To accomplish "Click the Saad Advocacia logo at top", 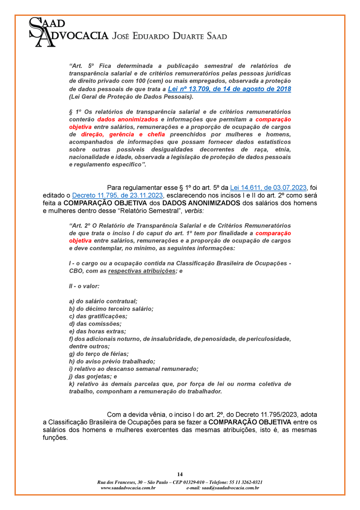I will click(x=68, y=32).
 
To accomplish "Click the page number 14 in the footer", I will click(x=180, y=474).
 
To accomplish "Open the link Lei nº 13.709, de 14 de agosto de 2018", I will click(x=229, y=89).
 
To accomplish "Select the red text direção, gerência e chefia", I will click(x=123, y=134).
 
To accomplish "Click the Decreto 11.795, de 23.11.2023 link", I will click(x=118, y=195).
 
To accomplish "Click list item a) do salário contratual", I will click(x=103, y=301).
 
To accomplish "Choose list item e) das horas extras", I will click(x=97, y=331).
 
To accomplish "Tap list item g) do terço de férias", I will click(x=99, y=354).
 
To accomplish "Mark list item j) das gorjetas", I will click(x=93, y=376).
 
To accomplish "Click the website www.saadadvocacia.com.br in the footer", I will click(x=128, y=488).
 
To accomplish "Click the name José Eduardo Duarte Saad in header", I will click(x=170, y=36).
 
